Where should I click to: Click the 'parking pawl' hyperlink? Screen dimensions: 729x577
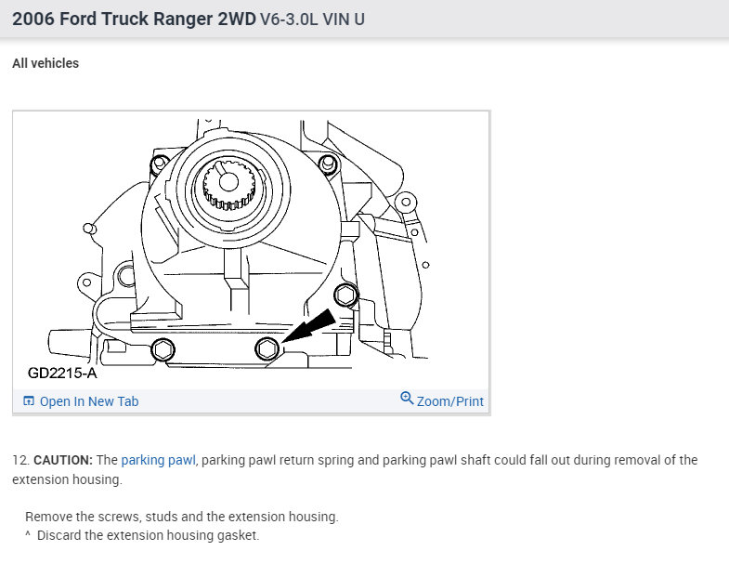point(158,460)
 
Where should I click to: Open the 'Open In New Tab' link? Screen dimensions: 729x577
point(89,401)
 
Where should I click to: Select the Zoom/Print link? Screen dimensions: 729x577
point(450,401)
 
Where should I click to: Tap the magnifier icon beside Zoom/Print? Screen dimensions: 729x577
point(407,399)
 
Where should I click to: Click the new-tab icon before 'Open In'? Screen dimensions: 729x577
point(29,400)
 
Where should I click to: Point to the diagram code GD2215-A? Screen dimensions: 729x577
point(62,373)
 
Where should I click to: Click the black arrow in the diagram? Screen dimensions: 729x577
point(308,326)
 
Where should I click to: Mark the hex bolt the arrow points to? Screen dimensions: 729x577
point(267,348)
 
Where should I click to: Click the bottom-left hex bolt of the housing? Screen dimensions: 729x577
point(163,349)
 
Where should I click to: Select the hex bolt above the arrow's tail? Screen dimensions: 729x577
point(345,295)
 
